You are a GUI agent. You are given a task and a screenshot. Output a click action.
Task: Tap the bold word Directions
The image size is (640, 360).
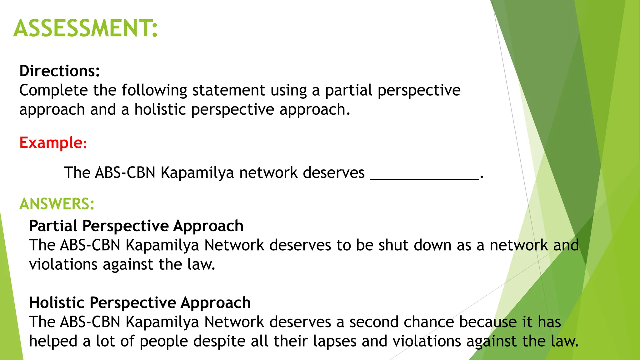tap(59, 71)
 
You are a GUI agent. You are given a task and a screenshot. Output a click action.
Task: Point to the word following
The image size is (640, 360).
tap(154, 90)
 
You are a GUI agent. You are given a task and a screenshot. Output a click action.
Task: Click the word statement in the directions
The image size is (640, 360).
tap(228, 90)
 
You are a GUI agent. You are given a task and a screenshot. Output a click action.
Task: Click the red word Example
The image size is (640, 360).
tap(51, 143)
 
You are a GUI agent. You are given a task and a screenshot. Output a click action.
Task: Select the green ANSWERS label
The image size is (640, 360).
tap(57, 204)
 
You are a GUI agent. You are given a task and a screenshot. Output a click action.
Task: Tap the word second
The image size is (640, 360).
tap(374, 322)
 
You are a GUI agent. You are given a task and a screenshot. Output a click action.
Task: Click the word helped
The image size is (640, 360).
tap(53, 341)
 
